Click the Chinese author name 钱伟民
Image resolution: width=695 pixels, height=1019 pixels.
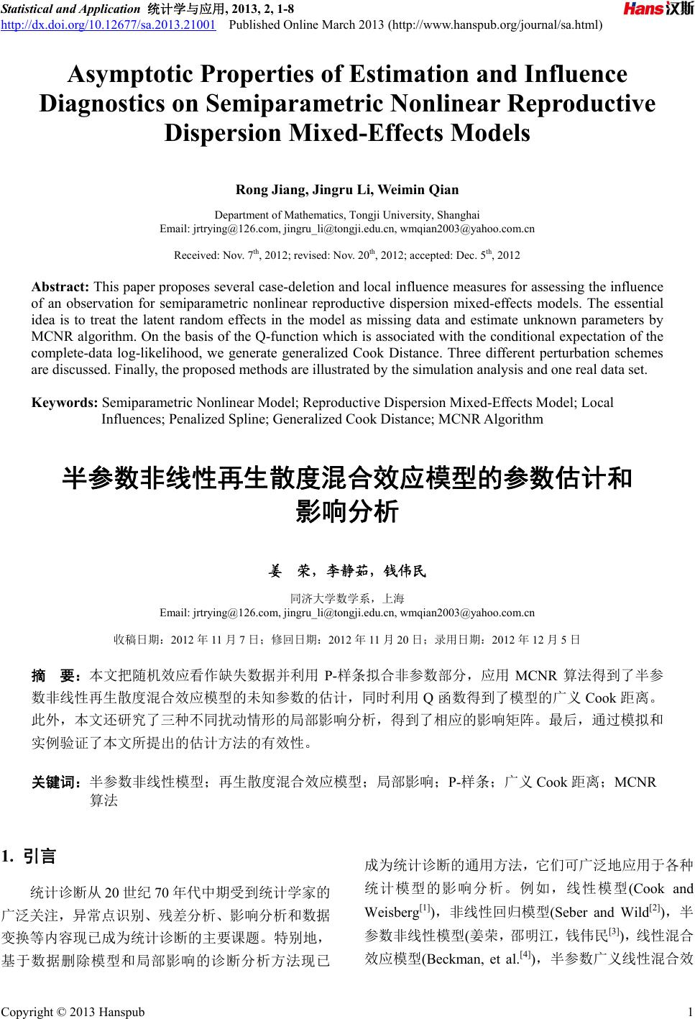(405, 571)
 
